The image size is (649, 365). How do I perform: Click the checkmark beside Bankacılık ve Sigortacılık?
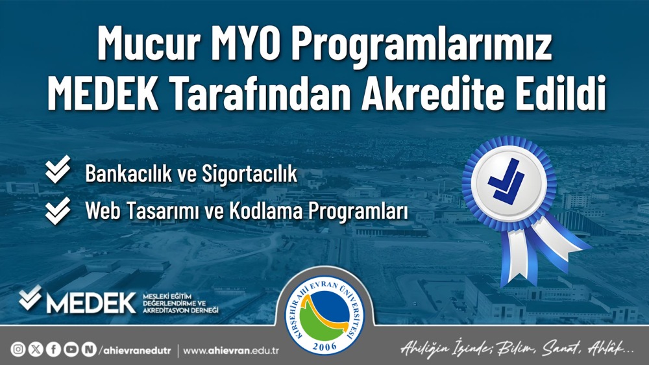coord(59,171)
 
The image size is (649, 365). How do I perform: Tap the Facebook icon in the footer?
coord(53,350)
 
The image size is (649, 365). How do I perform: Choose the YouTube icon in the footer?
coord(71,350)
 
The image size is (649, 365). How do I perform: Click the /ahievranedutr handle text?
coord(136,350)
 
